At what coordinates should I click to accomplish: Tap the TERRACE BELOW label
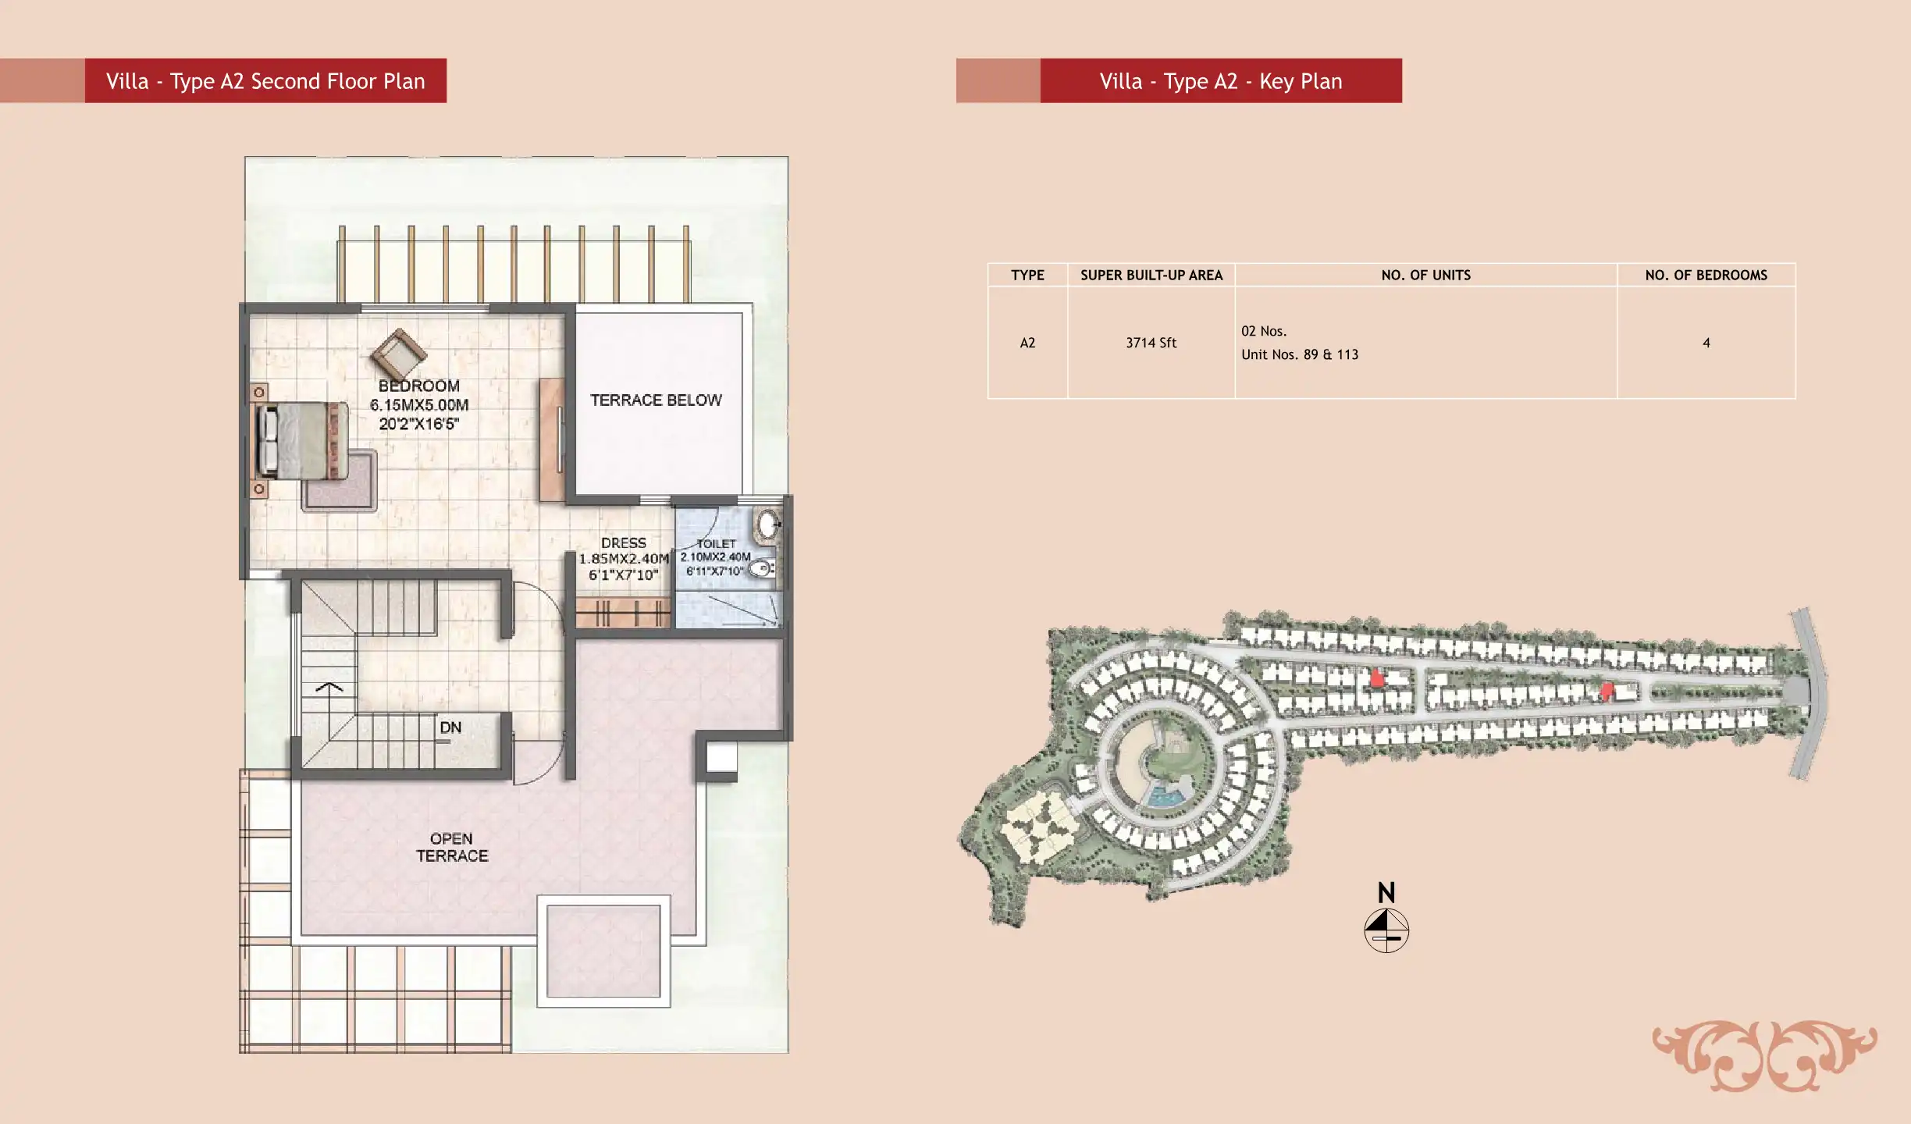tap(656, 400)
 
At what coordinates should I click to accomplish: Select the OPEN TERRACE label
tap(452, 848)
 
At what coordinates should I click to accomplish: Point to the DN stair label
tap(450, 727)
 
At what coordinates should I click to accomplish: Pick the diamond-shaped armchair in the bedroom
tap(399, 354)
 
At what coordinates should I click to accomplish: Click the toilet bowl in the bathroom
tap(762, 569)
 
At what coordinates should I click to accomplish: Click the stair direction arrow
tap(329, 687)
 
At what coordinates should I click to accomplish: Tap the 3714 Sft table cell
tap(1151, 343)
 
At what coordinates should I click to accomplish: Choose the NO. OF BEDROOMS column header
tap(1706, 276)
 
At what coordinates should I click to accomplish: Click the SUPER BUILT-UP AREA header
tap(1151, 276)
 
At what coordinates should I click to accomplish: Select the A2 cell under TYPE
tap(1027, 343)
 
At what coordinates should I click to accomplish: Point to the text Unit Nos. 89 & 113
tap(1300, 354)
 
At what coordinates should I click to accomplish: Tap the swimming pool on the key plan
tap(1163, 797)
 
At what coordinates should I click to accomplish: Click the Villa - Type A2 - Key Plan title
tap(1221, 81)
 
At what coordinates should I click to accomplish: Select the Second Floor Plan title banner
tap(265, 80)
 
